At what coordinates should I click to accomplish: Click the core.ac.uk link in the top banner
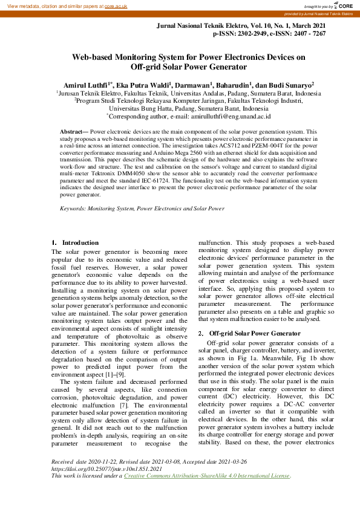click(116, 5)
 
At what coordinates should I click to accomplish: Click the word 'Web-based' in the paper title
click(92, 57)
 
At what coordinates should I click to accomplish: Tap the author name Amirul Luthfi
click(85, 85)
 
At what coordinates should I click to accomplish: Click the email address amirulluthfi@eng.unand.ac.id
click(221, 116)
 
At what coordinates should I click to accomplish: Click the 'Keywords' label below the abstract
click(72, 208)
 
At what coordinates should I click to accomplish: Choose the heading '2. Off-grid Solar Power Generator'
click(249, 334)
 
